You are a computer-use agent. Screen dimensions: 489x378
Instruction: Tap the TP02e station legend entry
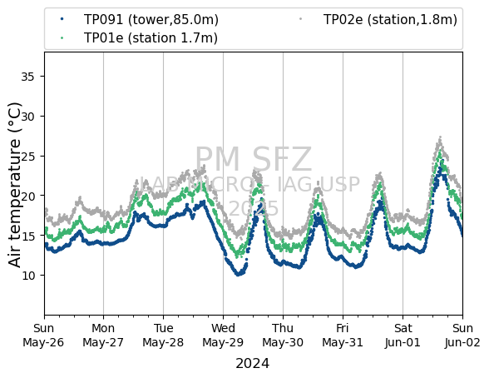point(378,20)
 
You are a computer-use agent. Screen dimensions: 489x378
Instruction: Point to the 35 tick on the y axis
point(27,77)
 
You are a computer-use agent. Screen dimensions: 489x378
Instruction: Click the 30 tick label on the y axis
point(27,116)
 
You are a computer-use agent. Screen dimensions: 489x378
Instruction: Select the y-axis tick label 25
point(27,156)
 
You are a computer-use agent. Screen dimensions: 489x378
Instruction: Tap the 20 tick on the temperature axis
point(27,196)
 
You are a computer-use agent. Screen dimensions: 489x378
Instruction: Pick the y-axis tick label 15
point(27,236)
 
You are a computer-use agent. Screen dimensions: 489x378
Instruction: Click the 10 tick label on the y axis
point(27,276)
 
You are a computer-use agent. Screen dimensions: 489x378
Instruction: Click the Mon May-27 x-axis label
point(103,336)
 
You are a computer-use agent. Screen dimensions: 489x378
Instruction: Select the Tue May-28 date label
point(163,336)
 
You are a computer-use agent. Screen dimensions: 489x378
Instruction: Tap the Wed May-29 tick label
point(223,336)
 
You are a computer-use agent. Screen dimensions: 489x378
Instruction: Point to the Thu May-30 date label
point(283,336)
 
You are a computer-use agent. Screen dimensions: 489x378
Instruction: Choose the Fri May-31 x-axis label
point(343,336)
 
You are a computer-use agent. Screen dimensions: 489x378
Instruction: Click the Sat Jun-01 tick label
point(403,336)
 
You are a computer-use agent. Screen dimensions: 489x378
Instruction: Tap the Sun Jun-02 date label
point(462,336)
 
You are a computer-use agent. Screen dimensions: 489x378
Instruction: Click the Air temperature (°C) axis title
point(15,185)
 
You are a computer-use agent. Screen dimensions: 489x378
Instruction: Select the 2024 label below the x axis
point(252,364)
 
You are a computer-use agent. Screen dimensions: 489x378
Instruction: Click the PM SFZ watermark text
point(254,160)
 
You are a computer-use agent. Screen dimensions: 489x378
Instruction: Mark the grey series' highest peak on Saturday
point(440,137)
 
